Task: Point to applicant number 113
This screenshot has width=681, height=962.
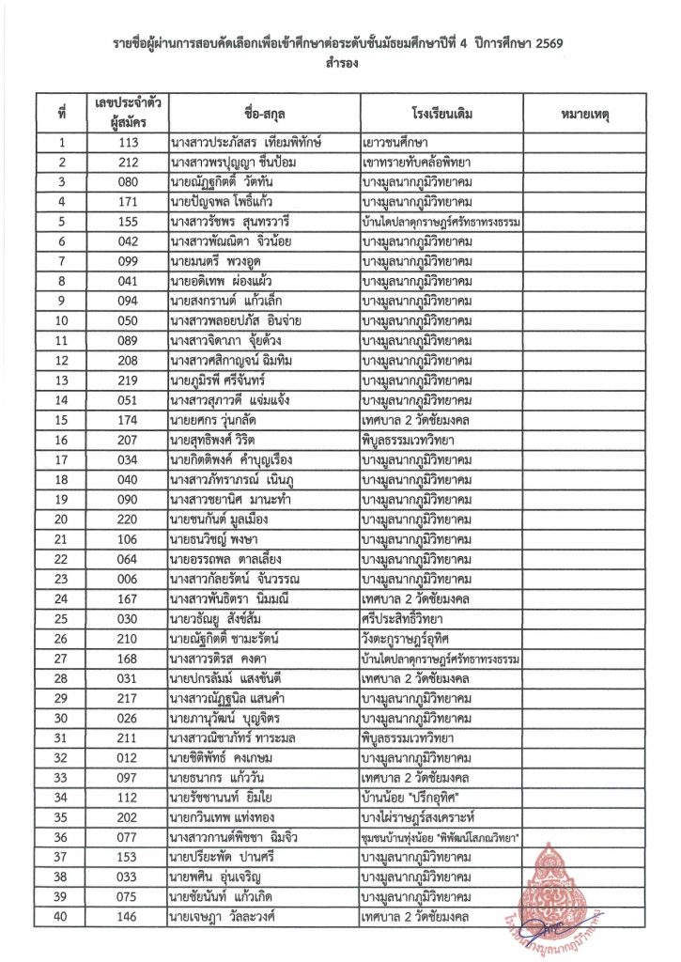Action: [129, 144]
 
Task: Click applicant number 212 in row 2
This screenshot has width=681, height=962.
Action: [129, 163]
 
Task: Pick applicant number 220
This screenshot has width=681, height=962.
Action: [129, 520]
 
